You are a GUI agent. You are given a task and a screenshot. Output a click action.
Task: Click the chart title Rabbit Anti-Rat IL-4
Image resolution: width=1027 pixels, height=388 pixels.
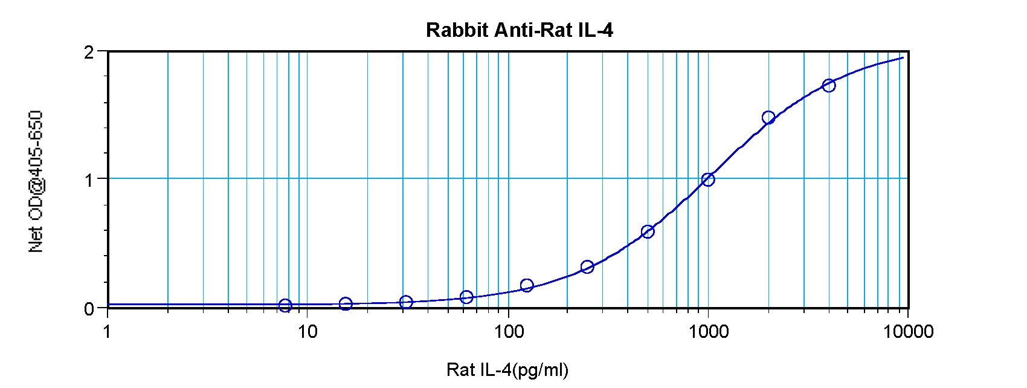pyautogui.click(x=519, y=30)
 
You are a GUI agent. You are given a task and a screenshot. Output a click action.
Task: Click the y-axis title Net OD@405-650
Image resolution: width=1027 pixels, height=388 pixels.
pyautogui.click(x=36, y=181)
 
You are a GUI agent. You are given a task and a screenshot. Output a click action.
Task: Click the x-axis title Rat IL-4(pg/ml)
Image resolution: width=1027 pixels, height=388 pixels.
pyautogui.click(x=507, y=369)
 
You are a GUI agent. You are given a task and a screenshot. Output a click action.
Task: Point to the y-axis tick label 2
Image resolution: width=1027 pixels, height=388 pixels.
pyautogui.click(x=89, y=52)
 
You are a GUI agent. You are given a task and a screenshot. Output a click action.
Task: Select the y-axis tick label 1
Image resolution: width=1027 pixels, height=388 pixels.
pyautogui.click(x=89, y=179)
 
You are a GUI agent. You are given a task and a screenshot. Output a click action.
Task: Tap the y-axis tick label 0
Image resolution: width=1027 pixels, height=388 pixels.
pyautogui.click(x=89, y=309)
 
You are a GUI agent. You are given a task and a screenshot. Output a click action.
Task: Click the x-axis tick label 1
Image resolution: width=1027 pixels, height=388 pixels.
pyautogui.click(x=108, y=331)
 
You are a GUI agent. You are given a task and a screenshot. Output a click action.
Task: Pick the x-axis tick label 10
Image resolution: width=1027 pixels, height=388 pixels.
pyautogui.click(x=307, y=331)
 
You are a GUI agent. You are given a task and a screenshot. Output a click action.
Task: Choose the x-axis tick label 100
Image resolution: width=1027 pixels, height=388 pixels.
pyautogui.click(x=508, y=331)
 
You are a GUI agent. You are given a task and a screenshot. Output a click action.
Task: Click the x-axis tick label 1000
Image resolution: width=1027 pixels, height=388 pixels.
pyautogui.click(x=708, y=331)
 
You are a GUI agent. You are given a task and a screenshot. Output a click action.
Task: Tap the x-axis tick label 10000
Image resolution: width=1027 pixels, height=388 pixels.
pyautogui.click(x=908, y=331)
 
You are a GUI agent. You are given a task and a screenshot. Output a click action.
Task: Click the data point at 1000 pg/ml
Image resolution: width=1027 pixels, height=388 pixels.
pyautogui.click(x=708, y=179)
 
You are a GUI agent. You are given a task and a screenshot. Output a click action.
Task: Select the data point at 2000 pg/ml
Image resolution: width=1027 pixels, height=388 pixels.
pyautogui.click(x=768, y=117)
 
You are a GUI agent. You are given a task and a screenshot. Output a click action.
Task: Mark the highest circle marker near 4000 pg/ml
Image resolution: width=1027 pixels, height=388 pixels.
pyautogui.click(x=829, y=86)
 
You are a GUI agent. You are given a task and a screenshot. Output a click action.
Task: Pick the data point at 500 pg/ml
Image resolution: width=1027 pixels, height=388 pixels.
pyautogui.click(x=648, y=231)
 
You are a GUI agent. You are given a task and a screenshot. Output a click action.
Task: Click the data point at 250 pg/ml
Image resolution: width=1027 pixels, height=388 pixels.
pyautogui.click(x=587, y=267)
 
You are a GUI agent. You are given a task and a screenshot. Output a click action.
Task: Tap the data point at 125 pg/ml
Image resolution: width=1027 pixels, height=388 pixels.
pyautogui.click(x=527, y=285)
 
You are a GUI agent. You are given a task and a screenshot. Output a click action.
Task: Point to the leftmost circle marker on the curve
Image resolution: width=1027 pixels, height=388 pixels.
pyautogui.click(x=285, y=305)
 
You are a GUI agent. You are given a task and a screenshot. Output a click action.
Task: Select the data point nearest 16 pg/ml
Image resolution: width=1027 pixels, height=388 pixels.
pyautogui.click(x=346, y=303)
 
